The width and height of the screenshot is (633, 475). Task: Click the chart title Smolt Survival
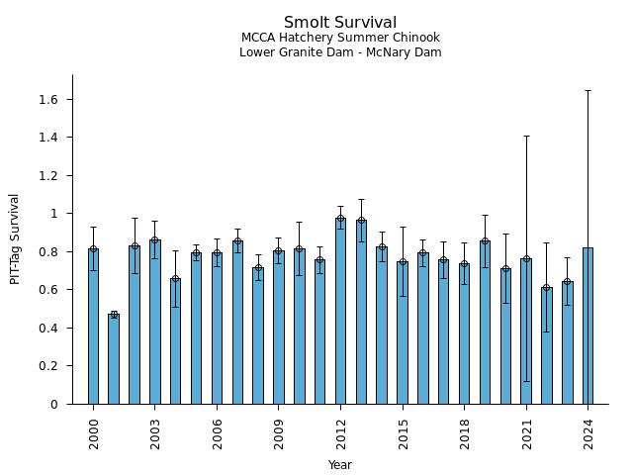(x=340, y=23)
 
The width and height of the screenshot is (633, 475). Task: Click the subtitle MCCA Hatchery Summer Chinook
(x=340, y=38)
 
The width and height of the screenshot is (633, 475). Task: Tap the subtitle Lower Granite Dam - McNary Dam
(x=340, y=52)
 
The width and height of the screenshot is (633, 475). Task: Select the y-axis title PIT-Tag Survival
(x=15, y=238)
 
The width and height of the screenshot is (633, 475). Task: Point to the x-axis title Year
(x=340, y=465)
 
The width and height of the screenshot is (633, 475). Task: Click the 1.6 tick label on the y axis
(x=49, y=100)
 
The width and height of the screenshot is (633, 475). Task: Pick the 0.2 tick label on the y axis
(x=49, y=366)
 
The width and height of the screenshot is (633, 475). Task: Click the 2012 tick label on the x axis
(x=340, y=428)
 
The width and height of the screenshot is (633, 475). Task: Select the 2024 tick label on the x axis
(x=588, y=428)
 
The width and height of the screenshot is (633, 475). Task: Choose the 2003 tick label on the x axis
(x=155, y=428)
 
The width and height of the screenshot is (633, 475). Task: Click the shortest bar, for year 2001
(x=114, y=359)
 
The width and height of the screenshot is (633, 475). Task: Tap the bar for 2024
(x=588, y=327)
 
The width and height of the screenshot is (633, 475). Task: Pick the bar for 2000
(x=93, y=327)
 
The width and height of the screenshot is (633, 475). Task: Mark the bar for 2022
(x=546, y=346)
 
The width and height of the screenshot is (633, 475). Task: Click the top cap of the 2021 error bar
(x=526, y=136)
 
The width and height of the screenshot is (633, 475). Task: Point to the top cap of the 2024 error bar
(x=588, y=90)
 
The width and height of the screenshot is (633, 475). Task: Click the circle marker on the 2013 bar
(x=361, y=221)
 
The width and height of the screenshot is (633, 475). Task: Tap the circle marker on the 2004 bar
(x=175, y=279)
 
